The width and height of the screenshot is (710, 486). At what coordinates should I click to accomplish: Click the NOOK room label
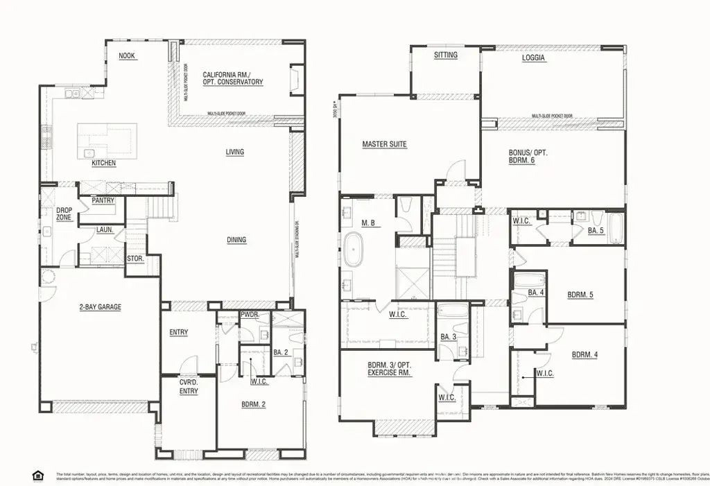[126, 56]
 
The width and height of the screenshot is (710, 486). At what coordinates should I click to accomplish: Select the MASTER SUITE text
[384, 145]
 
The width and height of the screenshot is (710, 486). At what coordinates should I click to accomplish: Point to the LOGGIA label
[533, 58]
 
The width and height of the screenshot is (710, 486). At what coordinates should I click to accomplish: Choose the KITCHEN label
[104, 164]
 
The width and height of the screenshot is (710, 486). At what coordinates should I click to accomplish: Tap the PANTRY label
[103, 201]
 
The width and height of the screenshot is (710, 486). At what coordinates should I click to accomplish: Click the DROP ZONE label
[64, 214]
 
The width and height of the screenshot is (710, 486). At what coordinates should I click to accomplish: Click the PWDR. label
[250, 315]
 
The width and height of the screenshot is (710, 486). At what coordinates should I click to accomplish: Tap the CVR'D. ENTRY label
[189, 387]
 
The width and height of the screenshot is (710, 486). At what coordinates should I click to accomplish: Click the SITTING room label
[446, 55]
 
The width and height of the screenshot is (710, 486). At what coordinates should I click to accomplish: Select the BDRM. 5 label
[581, 295]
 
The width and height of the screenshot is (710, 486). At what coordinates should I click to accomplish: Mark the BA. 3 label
[447, 337]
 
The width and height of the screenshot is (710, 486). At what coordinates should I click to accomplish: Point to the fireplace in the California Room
[295, 77]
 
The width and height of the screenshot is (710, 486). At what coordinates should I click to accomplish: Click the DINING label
[236, 240]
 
